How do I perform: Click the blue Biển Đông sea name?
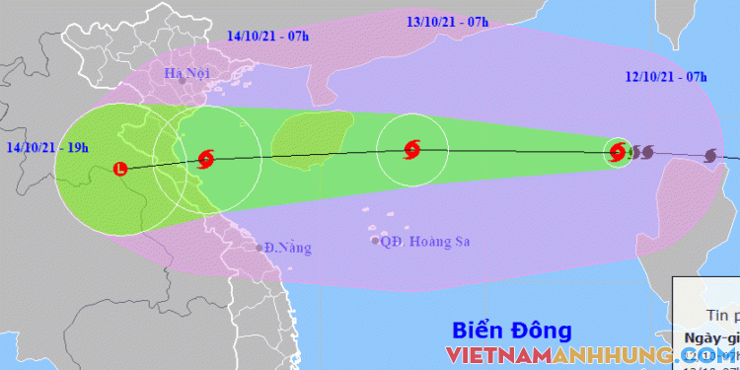coord(511,330)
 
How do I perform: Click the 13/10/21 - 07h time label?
coord(450,20)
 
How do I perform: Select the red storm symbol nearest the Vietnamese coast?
coord(205,158)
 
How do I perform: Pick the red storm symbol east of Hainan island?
coord(412,151)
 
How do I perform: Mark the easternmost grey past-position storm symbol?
coord(712,155)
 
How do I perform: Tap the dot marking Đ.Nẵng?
coord(259,247)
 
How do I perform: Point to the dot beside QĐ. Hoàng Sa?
coord(375,240)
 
